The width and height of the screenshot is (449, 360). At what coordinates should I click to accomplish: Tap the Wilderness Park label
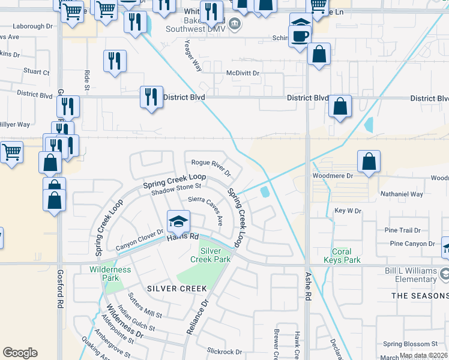point(110,274)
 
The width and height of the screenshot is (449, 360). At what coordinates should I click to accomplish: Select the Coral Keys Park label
point(346,256)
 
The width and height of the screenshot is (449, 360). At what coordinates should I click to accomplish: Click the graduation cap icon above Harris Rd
point(178,222)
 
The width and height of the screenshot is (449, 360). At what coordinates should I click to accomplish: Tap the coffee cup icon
point(300,35)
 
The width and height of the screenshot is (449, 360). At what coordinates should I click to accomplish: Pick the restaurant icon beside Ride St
point(114,61)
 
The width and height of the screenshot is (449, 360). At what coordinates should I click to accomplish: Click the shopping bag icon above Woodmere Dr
point(368,161)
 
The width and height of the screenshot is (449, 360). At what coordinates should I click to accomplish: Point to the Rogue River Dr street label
point(211,167)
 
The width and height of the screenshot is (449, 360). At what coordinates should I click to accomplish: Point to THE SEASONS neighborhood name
point(420,296)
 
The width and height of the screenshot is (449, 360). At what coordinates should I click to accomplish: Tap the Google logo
point(20,352)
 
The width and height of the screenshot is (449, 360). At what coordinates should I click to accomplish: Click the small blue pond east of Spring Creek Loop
point(265,192)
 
